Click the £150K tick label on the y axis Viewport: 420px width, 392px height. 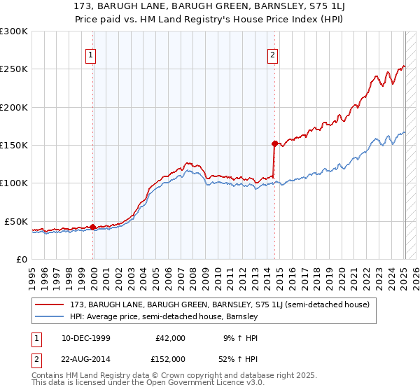[14, 145]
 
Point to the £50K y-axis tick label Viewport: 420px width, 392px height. [16, 221]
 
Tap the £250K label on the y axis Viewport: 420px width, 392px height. [14, 69]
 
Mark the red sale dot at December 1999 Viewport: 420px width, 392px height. [93, 227]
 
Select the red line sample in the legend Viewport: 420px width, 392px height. [50, 304]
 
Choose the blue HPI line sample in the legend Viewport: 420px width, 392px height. [50, 316]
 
